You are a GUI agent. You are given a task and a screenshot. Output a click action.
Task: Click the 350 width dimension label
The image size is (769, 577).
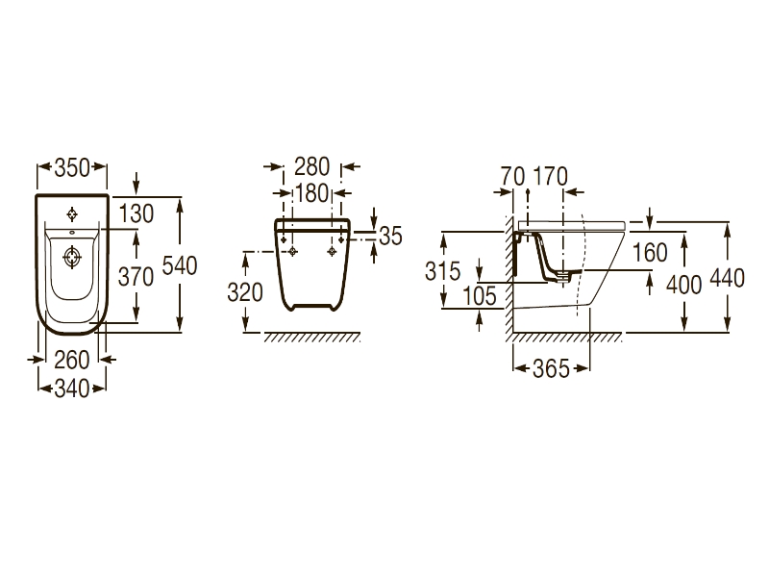click(71, 167)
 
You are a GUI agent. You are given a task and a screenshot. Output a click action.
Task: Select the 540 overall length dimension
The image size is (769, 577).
click(179, 267)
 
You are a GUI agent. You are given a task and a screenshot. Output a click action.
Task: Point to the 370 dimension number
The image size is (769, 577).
click(136, 277)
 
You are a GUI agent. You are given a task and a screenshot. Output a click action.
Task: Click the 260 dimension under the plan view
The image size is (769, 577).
click(71, 361)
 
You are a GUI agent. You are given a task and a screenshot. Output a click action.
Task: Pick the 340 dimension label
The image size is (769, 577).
click(71, 388)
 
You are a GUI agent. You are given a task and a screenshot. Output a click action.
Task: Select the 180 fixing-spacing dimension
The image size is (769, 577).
click(313, 194)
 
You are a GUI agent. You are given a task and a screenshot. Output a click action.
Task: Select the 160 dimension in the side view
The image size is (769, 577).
click(650, 254)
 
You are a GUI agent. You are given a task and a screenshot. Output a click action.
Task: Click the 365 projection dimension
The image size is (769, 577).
click(550, 367)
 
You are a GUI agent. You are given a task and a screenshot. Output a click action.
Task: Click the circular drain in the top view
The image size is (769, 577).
click(72, 258)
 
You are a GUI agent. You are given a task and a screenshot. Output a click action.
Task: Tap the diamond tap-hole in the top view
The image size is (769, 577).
click(72, 213)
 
